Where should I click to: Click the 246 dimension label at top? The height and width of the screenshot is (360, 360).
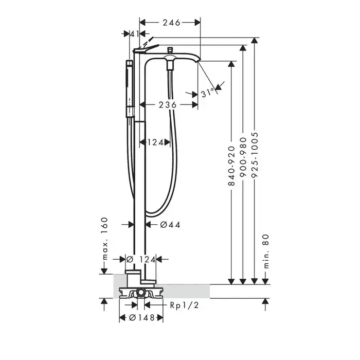coord(171,23)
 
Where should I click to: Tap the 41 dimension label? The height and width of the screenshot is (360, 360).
coord(135,34)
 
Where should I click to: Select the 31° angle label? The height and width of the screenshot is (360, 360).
coord(208,93)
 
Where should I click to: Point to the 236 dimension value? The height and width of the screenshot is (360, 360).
coord(168,105)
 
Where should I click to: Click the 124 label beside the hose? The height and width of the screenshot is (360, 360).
coord(155,142)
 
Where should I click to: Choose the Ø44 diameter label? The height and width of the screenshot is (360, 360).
coord(170,225)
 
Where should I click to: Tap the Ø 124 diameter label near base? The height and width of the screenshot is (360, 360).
coord(141,259)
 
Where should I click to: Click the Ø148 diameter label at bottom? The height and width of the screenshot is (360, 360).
coord(142,318)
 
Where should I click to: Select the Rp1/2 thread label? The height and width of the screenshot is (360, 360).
coord(184,305)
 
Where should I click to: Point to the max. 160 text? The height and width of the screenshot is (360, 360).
coord(104,238)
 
